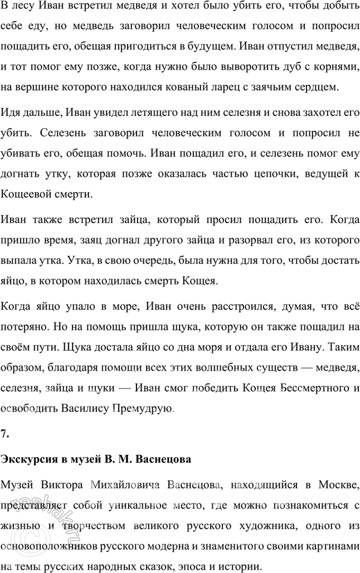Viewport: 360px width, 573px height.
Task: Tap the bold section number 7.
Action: tap(6, 433)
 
